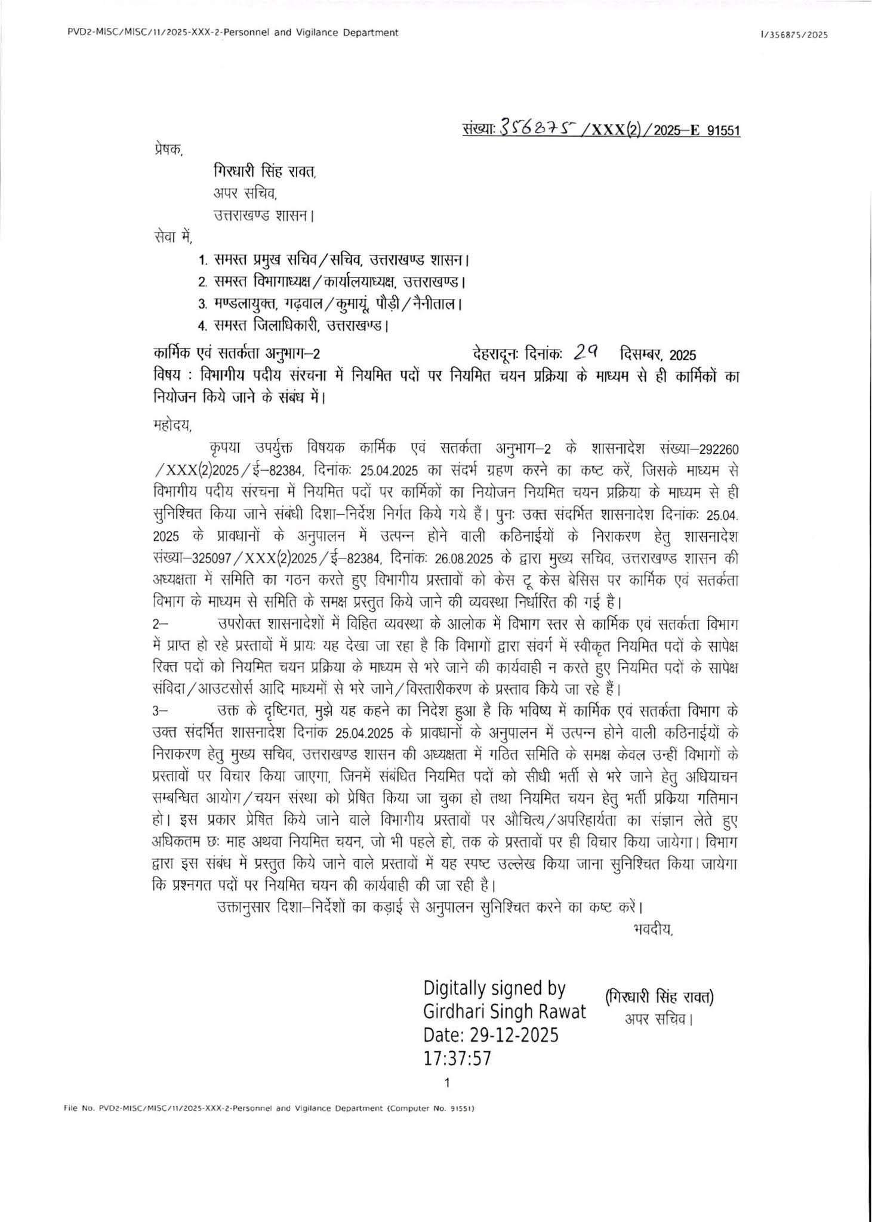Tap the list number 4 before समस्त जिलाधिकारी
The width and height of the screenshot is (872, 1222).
click(202, 326)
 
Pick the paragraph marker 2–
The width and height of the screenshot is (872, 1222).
click(161, 625)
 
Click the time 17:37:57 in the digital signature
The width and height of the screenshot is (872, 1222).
click(457, 1059)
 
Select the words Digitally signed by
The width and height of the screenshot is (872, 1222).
click(494, 988)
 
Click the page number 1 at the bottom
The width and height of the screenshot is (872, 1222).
click(447, 1082)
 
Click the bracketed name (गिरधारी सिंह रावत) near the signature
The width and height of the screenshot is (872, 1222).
click(659, 997)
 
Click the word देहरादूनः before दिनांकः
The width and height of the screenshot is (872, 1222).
click(498, 355)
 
